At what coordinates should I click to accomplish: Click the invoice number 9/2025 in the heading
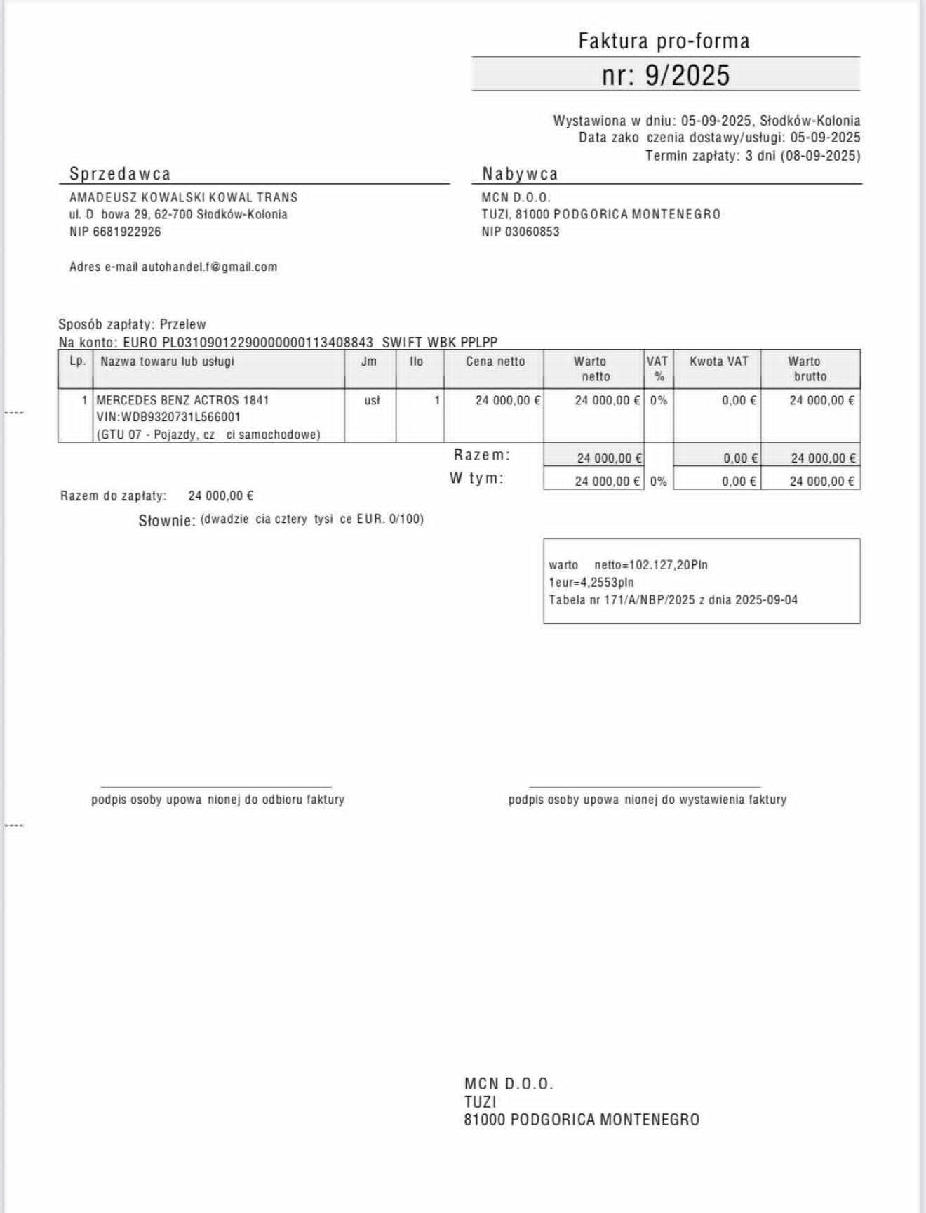coord(687,75)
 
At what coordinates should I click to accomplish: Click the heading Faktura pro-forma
coord(664,41)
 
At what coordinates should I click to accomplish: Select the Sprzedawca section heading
coord(120,173)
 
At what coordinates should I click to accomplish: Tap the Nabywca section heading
coord(520,173)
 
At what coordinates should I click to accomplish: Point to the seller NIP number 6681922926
coord(127,232)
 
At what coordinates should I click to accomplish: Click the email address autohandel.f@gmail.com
coord(209,267)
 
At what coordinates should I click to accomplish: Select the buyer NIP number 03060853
coord(532,232)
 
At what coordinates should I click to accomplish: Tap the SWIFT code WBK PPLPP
coord(440,343)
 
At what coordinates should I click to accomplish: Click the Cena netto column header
coord(495,362)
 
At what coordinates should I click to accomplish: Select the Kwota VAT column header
coord(719,362)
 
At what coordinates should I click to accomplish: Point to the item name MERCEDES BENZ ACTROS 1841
coord(182,400)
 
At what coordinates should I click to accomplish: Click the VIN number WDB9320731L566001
coord(181,417)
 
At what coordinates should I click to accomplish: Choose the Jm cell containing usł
coord(372,400)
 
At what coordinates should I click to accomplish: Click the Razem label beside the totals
coord(481,455)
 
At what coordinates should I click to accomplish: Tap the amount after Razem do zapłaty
coord(220,496)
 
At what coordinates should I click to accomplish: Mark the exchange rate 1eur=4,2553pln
coord(591,582)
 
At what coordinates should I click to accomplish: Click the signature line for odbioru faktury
coord(216,787)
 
